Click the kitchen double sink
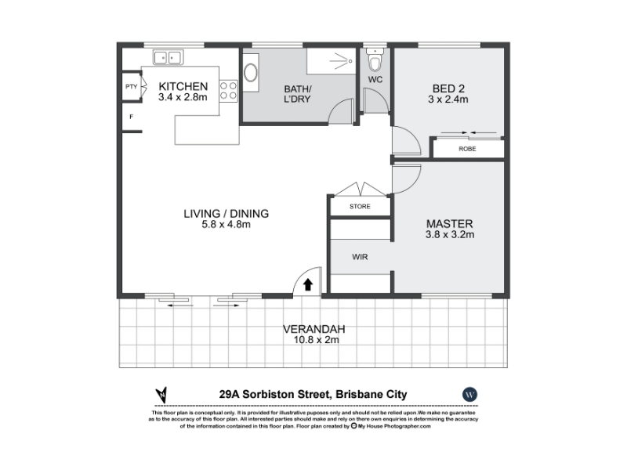coord(168,57)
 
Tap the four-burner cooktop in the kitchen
coord(228,90)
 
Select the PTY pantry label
coord(131,86)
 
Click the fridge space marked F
coord(131,117)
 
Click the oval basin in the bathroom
coord(251,73)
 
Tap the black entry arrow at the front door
coord(307,284)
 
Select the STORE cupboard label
coord(360,206)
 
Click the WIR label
coord(360,257)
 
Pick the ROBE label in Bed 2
coord(467,149)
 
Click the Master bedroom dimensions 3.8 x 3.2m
coord(450,234)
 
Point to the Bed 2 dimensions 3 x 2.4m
coord(448,99)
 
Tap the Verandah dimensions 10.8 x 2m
coord(317,340)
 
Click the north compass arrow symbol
coord(161,395)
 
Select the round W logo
coord(469,395)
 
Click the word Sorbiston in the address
coord(285,395)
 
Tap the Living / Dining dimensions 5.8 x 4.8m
coord(226,225)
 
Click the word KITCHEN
coord(183,86)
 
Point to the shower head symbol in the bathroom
coord(341,61)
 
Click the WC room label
coord(375,80)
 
